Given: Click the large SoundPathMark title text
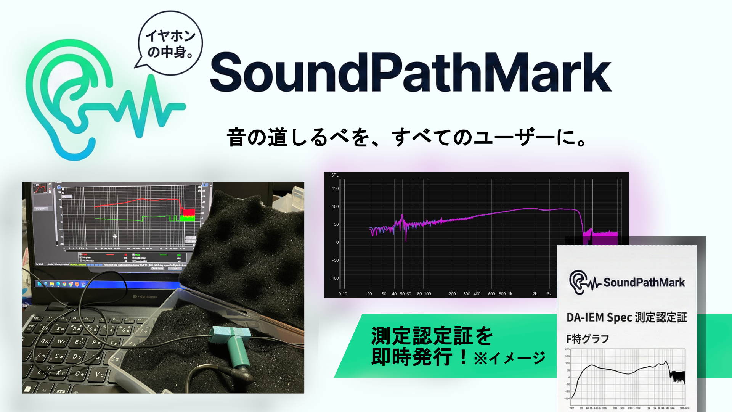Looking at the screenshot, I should pos(411,72).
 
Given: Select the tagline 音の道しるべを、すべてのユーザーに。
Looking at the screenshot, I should pos(407,137).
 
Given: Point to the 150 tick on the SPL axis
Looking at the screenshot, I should pos(335,188).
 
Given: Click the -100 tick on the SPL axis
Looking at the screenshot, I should pos(334,278).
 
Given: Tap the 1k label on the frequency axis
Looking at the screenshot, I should pos(510,294).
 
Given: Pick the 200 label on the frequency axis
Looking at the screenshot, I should pos(452,294).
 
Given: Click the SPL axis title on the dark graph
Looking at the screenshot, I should pos(335,175).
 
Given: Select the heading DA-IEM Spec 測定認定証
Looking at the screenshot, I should pos(626,317).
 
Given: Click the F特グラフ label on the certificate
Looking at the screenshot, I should pos(588,339).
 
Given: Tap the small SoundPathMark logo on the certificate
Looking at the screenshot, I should pos(627,282).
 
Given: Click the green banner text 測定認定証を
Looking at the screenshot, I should pos(432,336).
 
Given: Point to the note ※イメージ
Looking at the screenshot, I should pos(510,358).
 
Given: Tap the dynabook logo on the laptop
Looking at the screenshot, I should pos(145,296).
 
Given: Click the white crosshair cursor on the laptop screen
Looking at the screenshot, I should pos(115,237).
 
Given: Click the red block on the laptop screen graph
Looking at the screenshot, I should pos(189,212).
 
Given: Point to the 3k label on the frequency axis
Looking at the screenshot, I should pos(549,294).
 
